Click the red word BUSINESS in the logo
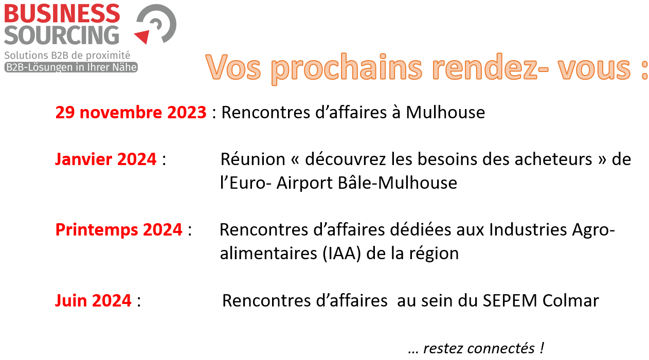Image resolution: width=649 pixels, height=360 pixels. click(x=62, y=13)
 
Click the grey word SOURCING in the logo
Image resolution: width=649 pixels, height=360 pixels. click(x=62, y=35)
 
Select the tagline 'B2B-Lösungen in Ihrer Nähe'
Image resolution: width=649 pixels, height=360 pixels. click(x=71, y=67)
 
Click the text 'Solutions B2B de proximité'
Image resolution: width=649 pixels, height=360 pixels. click(x=67, y=56)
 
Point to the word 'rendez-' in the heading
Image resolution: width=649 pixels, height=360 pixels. click(x=490, y=67)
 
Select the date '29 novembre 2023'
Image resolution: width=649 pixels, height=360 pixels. click(x=131, y=113)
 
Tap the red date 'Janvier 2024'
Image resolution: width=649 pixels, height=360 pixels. click(x=106, y=159)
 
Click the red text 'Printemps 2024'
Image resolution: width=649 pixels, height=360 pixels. click(x=119, y=230)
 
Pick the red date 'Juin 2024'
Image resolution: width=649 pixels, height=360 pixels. click(x=93, y=300)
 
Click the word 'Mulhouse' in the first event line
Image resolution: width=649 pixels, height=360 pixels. click(x=445, y=113)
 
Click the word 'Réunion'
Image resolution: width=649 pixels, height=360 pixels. click(x=253, y=159)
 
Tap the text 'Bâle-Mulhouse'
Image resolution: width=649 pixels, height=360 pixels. click(x=398, y=183)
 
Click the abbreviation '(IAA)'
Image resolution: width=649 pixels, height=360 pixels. click(x=341, y=254)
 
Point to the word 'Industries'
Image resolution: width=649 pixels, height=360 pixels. click(x=528, y=230)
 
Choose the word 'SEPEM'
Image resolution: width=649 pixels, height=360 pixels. click(x=510, y=300)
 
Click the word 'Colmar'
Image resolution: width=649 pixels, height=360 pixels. click(x=570, y=300)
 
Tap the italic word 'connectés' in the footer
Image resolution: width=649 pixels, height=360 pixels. click(x=479, y=348)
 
